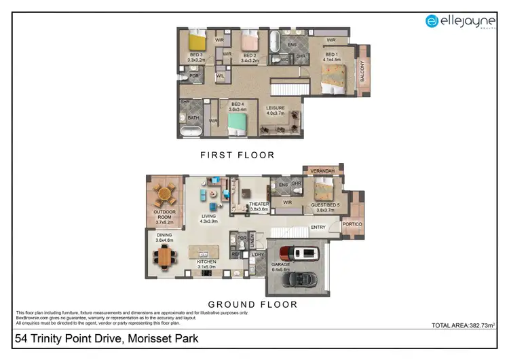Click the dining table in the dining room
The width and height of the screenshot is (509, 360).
(x=164, y=256)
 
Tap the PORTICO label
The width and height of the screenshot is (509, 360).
(x=353, y=224)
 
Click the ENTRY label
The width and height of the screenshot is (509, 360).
(x=319, y=228)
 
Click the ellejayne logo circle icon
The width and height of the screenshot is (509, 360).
(x=432, y=21)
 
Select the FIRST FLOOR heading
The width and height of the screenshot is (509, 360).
(x=237, y=155)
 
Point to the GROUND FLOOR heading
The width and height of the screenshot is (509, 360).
(x=252, y=304)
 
